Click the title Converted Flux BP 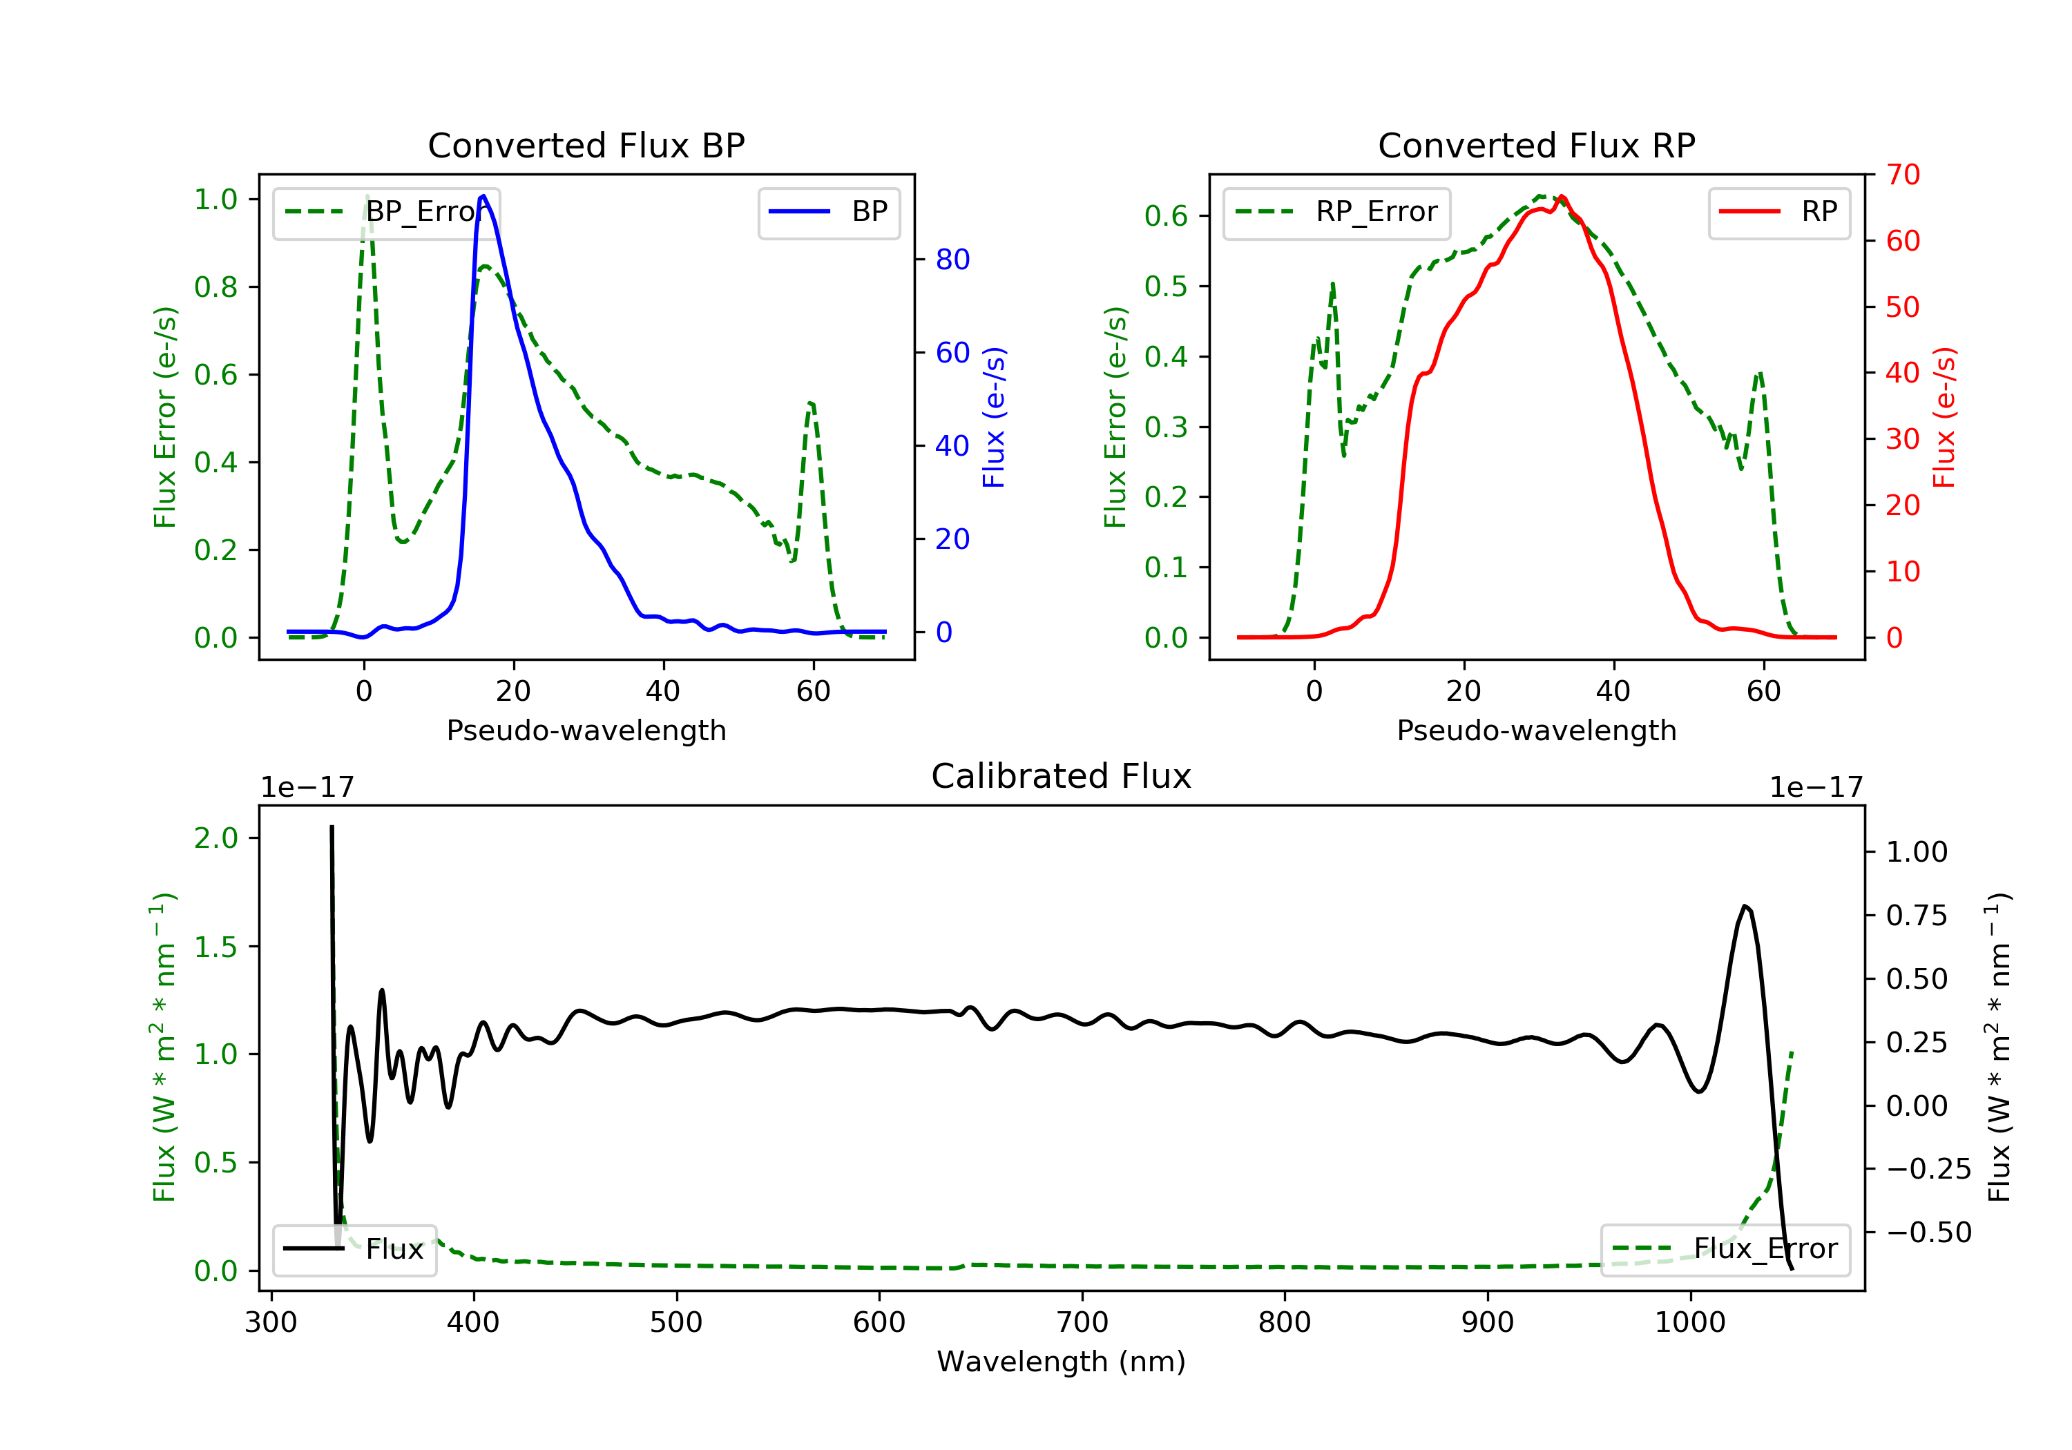586,145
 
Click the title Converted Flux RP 1536,145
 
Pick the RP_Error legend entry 1336,212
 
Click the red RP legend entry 1778,212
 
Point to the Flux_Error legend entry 1725,1249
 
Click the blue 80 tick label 952,260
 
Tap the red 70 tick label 1902,175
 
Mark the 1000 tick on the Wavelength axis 1689,1323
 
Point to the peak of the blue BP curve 483,196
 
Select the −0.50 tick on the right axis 1928,1232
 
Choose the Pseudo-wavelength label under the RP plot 1536,731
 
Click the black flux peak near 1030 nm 1745,907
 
